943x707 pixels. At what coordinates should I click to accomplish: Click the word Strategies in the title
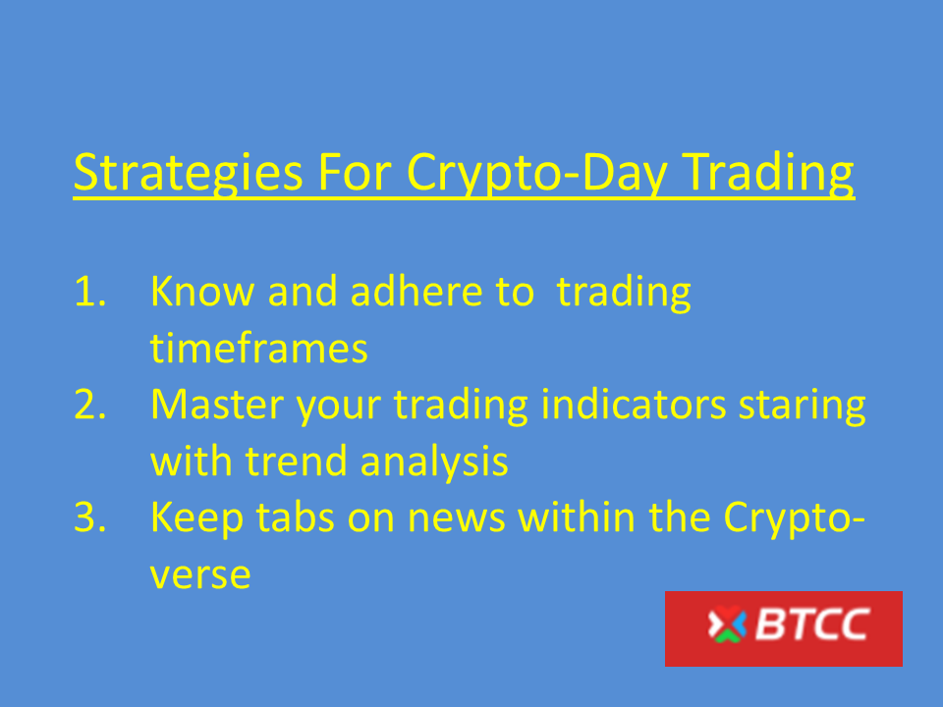tap(189, 173)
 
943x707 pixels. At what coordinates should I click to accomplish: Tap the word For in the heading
tap(356, 172)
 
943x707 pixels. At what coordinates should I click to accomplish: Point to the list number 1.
tap(90, 292)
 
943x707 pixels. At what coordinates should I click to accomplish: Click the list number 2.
tap(90, 404)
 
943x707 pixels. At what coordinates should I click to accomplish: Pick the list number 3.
tap(90, 517)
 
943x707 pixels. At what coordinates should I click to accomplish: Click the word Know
tap(202, 291)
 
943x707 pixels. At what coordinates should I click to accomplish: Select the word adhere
tap(416, 291)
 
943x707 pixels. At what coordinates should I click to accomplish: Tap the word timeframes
tap(258, 348)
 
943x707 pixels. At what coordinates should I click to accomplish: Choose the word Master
tap(217, 404)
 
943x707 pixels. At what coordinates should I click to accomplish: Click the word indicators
tap(634, 404)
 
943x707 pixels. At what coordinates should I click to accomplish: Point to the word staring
tap(803, 408)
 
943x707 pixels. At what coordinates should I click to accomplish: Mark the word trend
tap(297, 461)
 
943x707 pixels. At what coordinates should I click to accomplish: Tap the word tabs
tap(295, 517)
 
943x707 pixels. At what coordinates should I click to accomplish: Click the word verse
tap(200, 576)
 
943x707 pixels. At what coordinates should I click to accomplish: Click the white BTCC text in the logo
tap(812, 625)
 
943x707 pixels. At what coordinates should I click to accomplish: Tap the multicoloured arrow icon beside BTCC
tap(727, 625)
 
